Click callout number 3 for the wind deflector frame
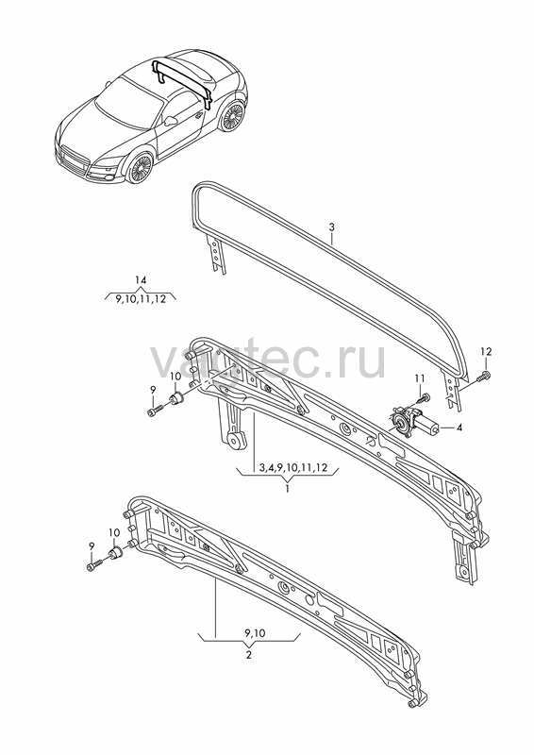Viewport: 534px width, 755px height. pos(331,227)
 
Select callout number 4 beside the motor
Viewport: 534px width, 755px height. pos(459,428)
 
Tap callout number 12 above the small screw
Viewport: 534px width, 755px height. pos(486,351)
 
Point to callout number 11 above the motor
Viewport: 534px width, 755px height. pos(420,378)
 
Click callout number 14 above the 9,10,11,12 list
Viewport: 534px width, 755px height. pos(141,280)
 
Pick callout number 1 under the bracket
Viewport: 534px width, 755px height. pos(288,489)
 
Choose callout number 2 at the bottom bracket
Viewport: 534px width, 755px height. pos(248,655)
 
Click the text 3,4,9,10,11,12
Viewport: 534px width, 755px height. pos(292,467)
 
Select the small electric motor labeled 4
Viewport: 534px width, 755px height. pos(413,422)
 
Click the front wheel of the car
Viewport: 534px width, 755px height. pos(139,168)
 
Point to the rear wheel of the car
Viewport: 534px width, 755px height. pos(232,116)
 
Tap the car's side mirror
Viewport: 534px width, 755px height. pos(170,120)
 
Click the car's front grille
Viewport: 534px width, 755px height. pos(74,161)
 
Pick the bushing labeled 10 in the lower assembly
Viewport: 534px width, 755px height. pos(115,553)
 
